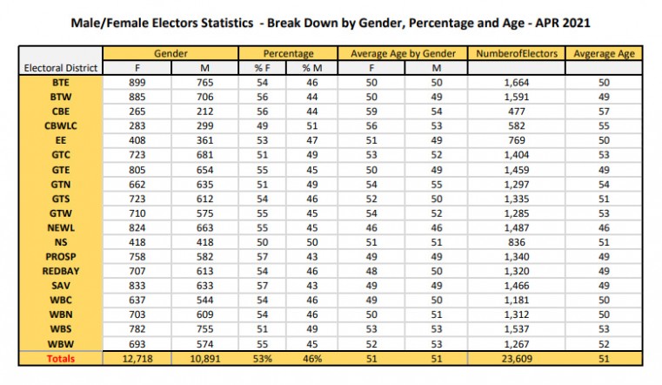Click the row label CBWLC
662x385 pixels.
[61, 126]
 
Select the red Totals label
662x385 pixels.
[61, 359]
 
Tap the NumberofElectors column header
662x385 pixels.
[517, 54]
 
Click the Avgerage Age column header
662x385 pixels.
[605, 54]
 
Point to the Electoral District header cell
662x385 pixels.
[61, 68]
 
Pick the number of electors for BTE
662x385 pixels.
[517, 83]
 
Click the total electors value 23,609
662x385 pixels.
[517, 359]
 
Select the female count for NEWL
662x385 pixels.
[137, 228]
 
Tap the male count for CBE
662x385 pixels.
[204, 111]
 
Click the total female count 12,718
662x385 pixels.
[137, 359]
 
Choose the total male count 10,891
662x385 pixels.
[204, 359]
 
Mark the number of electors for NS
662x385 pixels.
[517, 242]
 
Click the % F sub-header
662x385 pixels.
[262, 68]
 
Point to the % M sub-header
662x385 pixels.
[312, 68]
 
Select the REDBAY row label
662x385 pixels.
[61, 271]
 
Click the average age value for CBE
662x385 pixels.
[605, 111]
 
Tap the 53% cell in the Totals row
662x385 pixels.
[262, 359]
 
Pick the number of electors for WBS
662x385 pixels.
[517, 329]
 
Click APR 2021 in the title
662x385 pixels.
[563, 23]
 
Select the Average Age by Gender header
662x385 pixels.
[403, 54]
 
